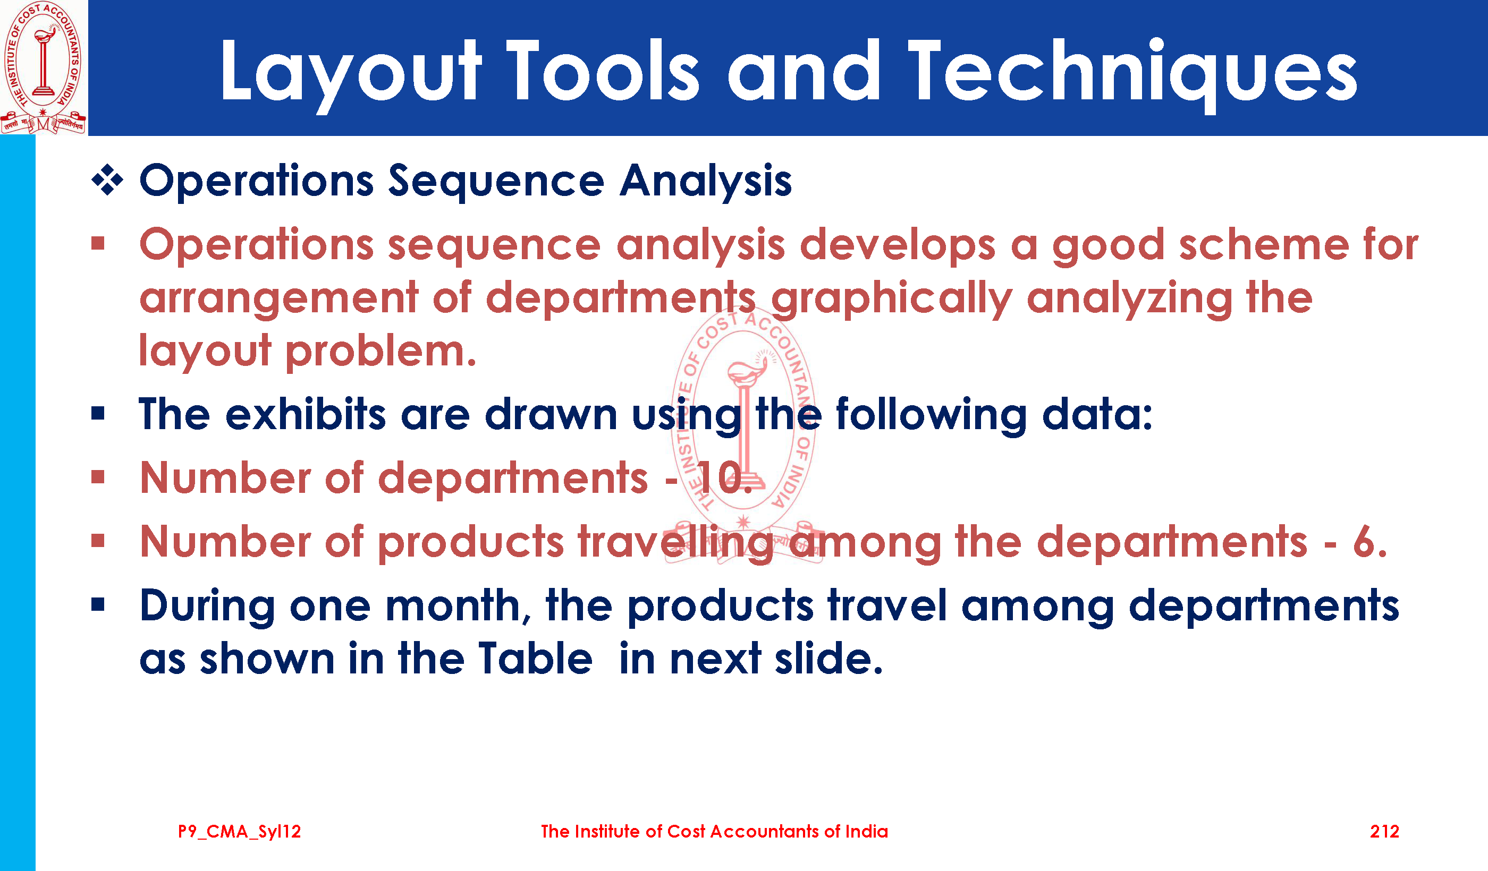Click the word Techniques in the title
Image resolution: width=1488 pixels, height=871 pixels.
(x=1132, y=73)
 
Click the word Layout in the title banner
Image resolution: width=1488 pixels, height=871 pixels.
(x=351, y=73)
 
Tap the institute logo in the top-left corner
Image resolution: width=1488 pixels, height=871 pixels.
(x=43, y=67)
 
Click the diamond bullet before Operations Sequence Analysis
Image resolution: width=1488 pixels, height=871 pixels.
(x=107, y=180)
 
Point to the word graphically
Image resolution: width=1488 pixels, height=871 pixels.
(x=892, y=300)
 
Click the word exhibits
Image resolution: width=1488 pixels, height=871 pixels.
(x=305, y=414)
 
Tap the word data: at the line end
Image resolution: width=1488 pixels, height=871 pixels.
(x=1097, y=414)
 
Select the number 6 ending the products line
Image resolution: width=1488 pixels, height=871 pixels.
(x=1369, y=541)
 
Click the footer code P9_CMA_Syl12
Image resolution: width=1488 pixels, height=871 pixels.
(x=239, y=832)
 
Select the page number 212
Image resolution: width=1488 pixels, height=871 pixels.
(x=1384, y=832)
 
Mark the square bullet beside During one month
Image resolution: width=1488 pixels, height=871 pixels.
(x=98, y=604)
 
